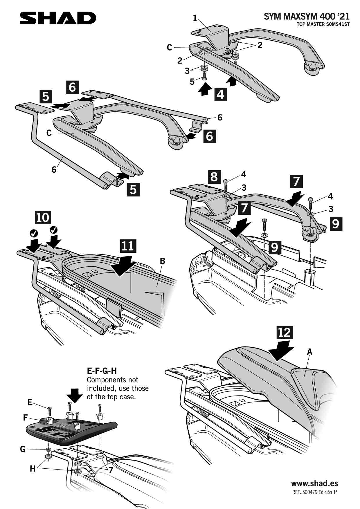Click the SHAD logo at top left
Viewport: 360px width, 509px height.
(x=58, y=18)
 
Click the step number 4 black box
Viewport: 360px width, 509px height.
(x=221, y=94)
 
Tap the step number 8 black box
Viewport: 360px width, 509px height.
(x=214, y=176)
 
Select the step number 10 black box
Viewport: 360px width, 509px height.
(x=43, y=217)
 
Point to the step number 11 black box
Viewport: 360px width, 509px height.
(x=128, y=246)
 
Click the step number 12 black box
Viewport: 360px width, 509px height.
(x=284, y=332)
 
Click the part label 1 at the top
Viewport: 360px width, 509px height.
(x=195, y=18)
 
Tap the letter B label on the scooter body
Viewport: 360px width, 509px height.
(x=163, y=261)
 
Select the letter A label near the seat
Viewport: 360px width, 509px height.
(x=309, y=352)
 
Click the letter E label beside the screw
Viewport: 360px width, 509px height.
(x=30, y=402)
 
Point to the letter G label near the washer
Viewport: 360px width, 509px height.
(x=23, y=449)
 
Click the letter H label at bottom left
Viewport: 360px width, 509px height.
(x=33, y=468)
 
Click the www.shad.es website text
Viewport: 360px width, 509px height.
(x=314, y=483)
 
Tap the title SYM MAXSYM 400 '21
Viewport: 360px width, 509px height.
(x=306, y=17)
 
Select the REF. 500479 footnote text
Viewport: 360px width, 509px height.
(x=314, y=492)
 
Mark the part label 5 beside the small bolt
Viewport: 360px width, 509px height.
(x=192, y=82)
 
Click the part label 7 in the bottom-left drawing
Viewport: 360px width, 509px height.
(x=111, y=470)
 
